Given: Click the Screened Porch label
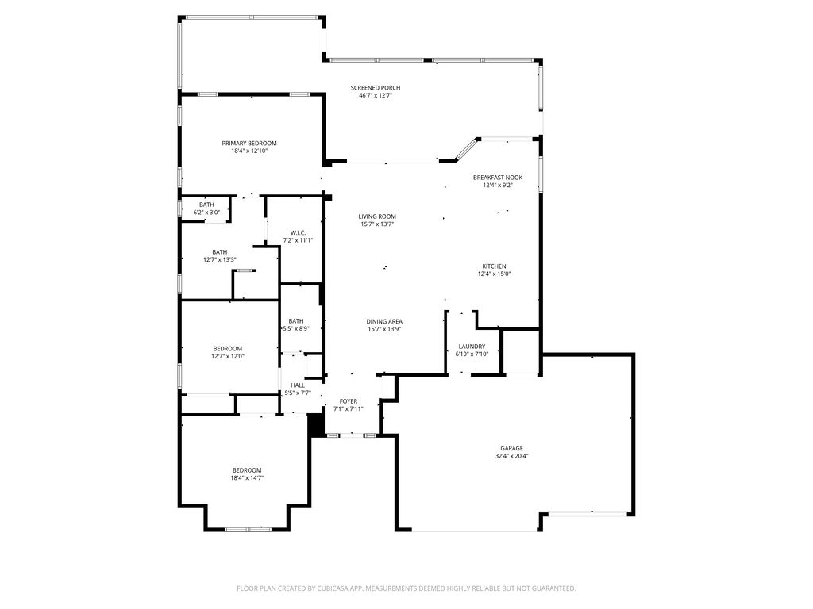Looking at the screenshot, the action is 376,88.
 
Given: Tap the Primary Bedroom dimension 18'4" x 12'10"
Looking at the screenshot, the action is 249,151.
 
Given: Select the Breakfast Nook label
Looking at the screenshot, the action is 498,178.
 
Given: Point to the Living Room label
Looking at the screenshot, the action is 377,217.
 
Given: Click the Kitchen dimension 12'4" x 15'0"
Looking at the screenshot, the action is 494,274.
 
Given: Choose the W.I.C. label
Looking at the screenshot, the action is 299,233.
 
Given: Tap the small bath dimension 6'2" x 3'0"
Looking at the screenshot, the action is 206,213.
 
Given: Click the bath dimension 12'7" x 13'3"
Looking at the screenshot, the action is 220,260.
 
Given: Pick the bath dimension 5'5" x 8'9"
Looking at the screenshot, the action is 296,328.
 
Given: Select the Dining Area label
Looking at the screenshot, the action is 384,322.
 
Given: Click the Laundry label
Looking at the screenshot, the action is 472,347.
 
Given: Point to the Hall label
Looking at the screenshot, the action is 298,385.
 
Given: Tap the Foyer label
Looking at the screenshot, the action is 349,401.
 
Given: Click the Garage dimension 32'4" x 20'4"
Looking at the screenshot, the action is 512,456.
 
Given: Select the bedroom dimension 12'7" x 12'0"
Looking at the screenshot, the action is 228,356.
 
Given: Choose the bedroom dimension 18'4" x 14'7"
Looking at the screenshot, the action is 248,478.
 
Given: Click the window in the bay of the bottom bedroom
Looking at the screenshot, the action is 248,529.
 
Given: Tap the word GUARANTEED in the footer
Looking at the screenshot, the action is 556,588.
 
